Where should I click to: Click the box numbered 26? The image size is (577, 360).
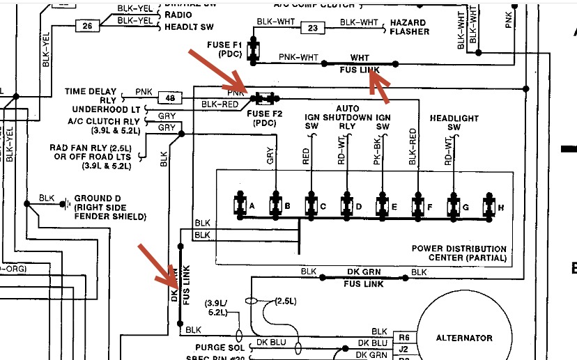click(87, 27)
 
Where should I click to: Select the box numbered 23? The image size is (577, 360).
click(312, 28)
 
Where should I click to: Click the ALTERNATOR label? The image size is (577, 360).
click(464, 338)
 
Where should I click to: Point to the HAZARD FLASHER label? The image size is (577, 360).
click(409, 27)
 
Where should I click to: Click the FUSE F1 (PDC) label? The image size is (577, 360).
click(224, 49)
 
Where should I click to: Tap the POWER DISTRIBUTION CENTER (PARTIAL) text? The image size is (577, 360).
click(459, 253)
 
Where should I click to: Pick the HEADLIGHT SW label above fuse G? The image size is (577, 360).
click(454, 123)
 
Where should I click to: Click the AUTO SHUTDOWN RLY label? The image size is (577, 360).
click(347, 118)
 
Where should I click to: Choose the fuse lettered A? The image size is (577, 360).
click(240, 206)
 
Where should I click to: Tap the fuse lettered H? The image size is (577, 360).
click(491, 207)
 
